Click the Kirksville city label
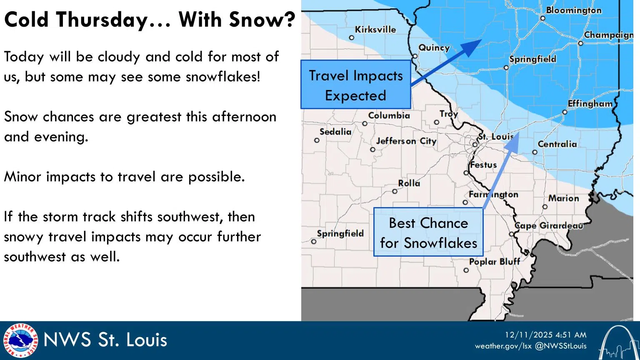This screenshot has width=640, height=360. coord(375,30)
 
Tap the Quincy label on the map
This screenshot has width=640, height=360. coord(434,48)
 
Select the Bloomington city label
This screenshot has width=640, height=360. coord(573,10)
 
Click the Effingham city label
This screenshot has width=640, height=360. coord(590,104)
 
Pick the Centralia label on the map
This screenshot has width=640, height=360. coord(557,144)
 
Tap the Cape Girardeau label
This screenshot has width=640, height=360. coord(548,226)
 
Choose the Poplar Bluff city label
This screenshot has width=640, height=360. coord(494,262)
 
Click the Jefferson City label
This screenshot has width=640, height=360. coord(406,141)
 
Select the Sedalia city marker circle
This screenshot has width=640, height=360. coord(317,140)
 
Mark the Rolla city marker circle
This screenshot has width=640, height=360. coord(395,192)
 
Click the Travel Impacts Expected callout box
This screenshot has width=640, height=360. coord(356,85)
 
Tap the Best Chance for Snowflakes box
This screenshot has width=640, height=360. coord(428,232)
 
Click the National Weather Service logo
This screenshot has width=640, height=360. coord(20,340)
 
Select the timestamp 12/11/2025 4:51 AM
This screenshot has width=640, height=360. coord(545,335)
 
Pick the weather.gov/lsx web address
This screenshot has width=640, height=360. coord(502,346)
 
